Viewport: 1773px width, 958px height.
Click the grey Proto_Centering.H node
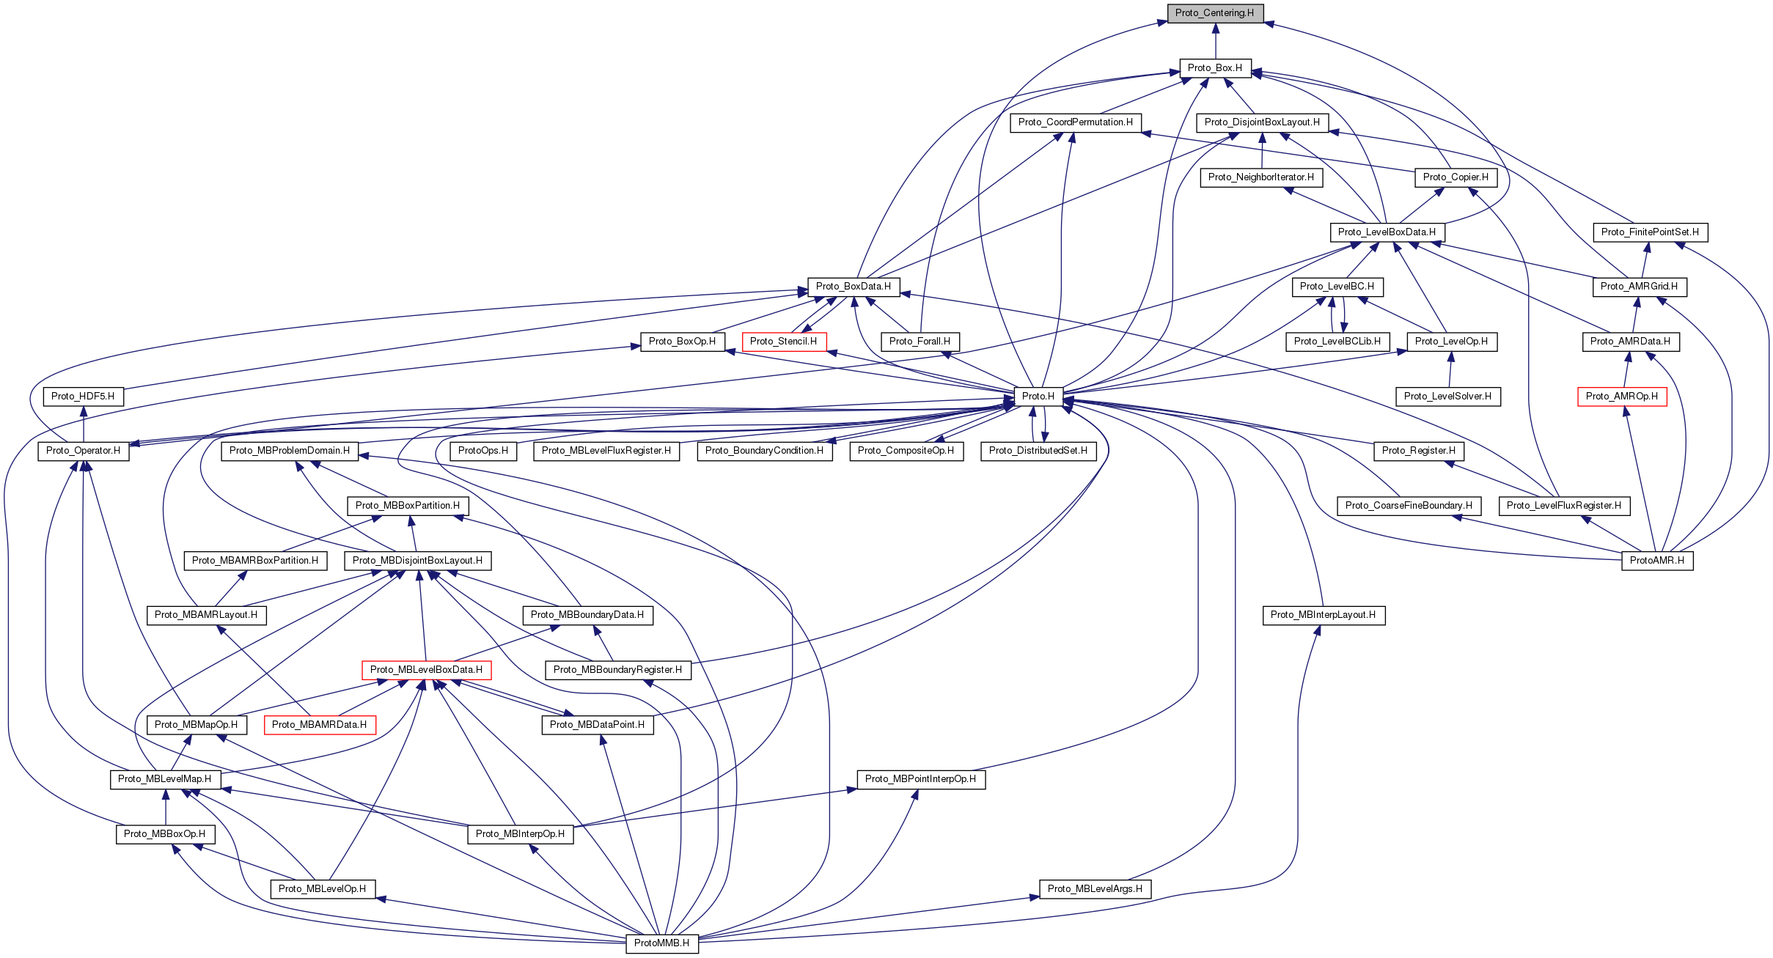[1214, 13]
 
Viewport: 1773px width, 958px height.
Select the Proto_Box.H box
[1214, 68]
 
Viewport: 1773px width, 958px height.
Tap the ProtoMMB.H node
[661, 943]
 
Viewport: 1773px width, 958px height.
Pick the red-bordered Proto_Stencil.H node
[783, 342]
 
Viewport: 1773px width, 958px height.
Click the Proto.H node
[1038, 397]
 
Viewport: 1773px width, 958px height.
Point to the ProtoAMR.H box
[1656, 561]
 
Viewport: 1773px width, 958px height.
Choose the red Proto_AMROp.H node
[1621, 397]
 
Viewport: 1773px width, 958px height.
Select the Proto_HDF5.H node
[83, 397]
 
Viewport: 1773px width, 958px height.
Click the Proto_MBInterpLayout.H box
[1323, 615]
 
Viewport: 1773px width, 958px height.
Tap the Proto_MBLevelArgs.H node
[1095, 889]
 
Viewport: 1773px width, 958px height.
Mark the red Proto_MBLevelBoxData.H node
[426, 670]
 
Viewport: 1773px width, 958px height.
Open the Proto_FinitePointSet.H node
[1649, 232]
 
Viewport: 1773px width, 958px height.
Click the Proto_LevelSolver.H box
[1447, 397]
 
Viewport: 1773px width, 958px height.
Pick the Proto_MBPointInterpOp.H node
[920, 779]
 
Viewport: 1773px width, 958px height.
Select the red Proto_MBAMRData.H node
[319, 725]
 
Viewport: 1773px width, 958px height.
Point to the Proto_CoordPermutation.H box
[1075, 122]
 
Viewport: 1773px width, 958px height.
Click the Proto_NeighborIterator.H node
[1260, 177]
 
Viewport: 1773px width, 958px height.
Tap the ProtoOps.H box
[482, 451]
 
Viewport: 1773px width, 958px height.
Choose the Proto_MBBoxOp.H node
[165, 834]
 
